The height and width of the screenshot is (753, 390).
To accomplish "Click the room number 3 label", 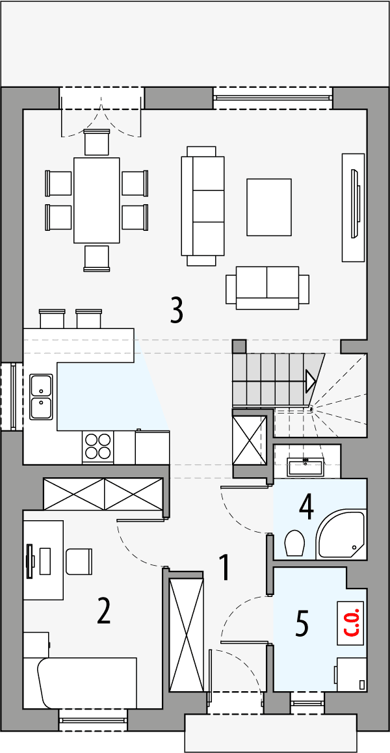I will coord(176,311).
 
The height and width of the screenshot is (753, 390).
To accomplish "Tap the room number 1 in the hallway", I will coord(224,568).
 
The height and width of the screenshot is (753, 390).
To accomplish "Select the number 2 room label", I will coord(103,611).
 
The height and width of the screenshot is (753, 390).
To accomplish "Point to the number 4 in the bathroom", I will coord(306,507).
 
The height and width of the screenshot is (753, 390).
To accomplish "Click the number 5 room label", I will coord(302,623).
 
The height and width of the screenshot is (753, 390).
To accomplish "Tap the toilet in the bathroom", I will coord(294,543).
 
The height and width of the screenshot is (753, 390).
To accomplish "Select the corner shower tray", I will coord(342,535).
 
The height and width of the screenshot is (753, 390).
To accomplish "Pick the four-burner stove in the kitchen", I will coord(98,446).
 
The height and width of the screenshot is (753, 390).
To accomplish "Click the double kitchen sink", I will coord(41,396).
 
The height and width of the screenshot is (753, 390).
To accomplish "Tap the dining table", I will coord(97,200).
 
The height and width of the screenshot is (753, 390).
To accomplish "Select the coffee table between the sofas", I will coord(269,207).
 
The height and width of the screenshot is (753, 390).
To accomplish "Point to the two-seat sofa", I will coord(267,287).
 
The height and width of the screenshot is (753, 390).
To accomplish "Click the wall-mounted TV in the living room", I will coord(355,204).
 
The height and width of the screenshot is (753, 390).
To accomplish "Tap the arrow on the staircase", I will coord(311,382).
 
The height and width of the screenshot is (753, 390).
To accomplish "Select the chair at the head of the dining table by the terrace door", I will coord(97,142).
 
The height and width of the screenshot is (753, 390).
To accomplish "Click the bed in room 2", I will coord(87,682).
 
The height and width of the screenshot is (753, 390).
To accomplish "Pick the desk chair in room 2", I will coord(79,561).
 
